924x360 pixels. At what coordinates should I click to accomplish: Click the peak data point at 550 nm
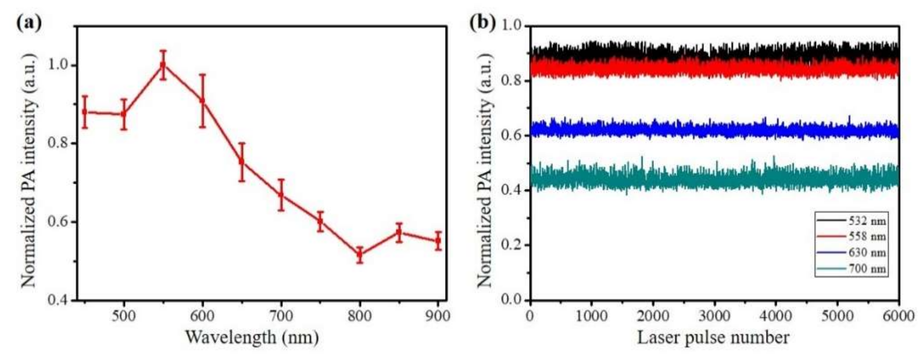pyautogui.click(x=163, y=64)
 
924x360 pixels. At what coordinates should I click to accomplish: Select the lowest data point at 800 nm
pyautogui.click(x=360, y=255)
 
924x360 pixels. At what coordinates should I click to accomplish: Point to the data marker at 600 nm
pyautogui.click(x=202, y=101)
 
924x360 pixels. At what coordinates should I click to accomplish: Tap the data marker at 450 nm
pyautogui.click(x=85, y=112)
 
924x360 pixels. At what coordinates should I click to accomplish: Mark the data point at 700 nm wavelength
pyautogui.click(x=281, y=195)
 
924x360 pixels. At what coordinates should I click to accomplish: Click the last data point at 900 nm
pyautogui.click(x=438, y=241)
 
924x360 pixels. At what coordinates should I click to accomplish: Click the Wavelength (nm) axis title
pyautogui.click(x=252, y=338)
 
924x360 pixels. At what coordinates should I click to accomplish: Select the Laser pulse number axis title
pyautogui.click(x=713, y=338)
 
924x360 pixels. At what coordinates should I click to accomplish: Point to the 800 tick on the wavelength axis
pyautogui.click(x=360, y=316)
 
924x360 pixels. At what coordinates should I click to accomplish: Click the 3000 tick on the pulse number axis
pyautogui.click(x=714, y=316)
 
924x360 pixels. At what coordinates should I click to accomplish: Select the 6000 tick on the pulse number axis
pyautogui.click(x=898, y=316)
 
